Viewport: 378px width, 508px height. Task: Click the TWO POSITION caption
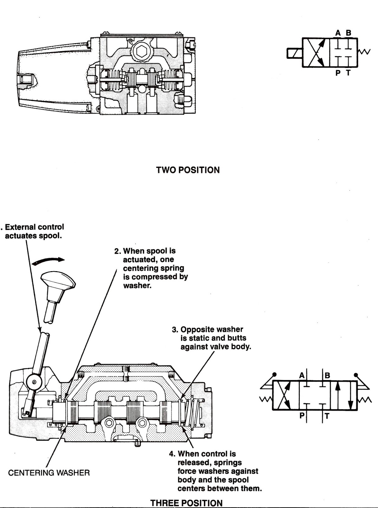(188, 170)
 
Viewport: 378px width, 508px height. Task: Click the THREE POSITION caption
(186, 503)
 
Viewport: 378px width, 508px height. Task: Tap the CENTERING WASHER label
(49, 473)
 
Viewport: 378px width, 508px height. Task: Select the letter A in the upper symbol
(338, 33)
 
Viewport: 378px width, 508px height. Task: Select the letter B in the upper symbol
(349, 33)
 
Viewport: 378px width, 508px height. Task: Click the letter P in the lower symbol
(302, 415)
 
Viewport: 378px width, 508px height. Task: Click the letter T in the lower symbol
(327, 415)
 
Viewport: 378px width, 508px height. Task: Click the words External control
(35, 227)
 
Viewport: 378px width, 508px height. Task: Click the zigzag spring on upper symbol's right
(364, 52)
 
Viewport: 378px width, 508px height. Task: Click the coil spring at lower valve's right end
(193, 413)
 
